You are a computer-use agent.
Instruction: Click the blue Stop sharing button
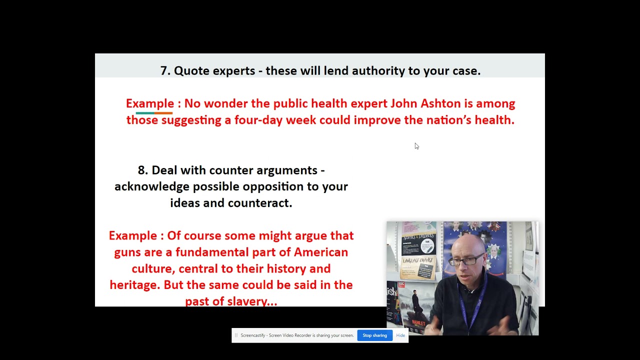[374, 335]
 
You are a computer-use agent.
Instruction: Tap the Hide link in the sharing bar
[400, 335]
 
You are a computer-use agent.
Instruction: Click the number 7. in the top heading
[165, 71]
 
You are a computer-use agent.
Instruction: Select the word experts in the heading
[234, 71]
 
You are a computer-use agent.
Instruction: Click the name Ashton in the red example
[440, 103]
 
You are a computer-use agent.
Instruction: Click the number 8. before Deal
[143, 170]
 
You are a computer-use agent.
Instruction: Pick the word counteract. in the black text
[260, 203]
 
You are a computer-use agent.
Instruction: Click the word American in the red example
[321, 252]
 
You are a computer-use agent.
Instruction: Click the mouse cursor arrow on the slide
[416, 146]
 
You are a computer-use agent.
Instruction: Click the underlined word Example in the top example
[150, 103]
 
